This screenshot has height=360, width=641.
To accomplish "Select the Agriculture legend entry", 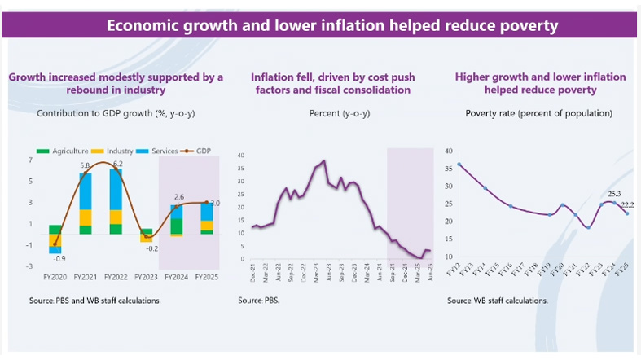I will click(65, 152).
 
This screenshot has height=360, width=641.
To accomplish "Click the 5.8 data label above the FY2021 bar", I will click(84, 166).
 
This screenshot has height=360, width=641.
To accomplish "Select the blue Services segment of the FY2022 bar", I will click(116, 189).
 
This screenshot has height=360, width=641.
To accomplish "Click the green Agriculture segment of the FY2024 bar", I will click(177, 230).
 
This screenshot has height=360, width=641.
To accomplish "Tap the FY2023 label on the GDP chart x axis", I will click(146, 276).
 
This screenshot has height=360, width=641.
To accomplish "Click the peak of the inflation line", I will click(324, 161).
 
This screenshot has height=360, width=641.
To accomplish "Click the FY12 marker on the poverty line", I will click(459, 165).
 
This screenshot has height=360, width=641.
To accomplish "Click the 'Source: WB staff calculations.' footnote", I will click(497, 301).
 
